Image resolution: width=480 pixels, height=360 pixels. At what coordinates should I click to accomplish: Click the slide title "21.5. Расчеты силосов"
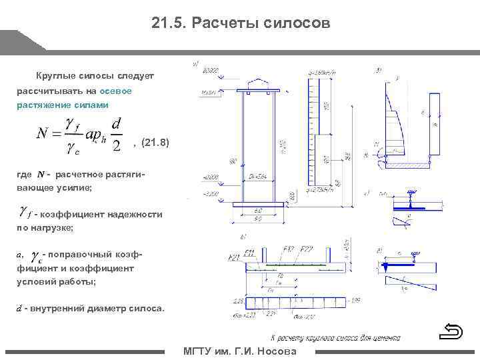[240, 24]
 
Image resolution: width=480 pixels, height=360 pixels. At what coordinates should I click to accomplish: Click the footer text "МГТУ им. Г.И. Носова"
[240, 352]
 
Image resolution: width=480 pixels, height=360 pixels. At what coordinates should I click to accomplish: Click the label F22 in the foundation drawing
[307, 249]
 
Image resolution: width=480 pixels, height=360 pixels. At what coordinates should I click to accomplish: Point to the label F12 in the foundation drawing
[288, 249]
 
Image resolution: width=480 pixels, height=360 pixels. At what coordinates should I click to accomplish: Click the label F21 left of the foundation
[234, 257]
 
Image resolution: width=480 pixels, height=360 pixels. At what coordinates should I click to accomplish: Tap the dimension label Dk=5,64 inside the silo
[258, 177]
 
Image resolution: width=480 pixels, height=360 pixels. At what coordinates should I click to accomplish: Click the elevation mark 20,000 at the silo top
[211, 70]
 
